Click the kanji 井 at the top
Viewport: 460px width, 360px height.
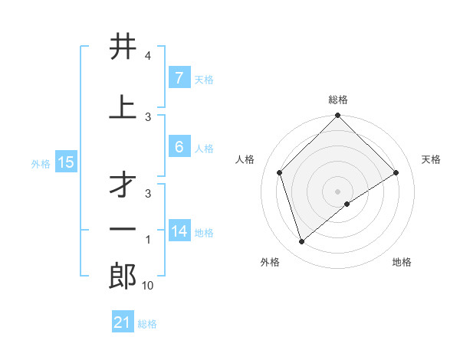pos(123,47)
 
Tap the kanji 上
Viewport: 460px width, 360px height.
pos(123,106)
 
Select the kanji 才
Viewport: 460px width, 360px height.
pos(123,183)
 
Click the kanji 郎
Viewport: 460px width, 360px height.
pos(123,276)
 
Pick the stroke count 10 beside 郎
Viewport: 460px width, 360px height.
pos(148,286)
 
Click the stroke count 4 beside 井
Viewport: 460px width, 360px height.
pos(148,56)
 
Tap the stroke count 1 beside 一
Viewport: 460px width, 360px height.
pos(148,240)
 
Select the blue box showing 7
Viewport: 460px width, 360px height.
pos(179,78)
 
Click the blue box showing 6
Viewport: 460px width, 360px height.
pos(179,147)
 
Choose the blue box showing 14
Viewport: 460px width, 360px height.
pos(179,231)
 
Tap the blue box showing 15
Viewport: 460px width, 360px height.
pos(66,162)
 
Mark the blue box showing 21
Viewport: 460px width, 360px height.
pos(123,323)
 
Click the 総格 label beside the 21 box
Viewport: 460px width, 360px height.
pos(147,324)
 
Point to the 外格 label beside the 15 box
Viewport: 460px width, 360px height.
pos(41,163)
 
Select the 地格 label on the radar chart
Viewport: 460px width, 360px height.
pos(402,262)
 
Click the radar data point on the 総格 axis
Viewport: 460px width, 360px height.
pos(337,116)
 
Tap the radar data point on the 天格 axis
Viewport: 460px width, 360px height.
pos(396,172)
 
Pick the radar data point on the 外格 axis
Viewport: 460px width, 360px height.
pos(301,242)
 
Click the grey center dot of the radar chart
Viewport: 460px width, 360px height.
pos(337,191)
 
